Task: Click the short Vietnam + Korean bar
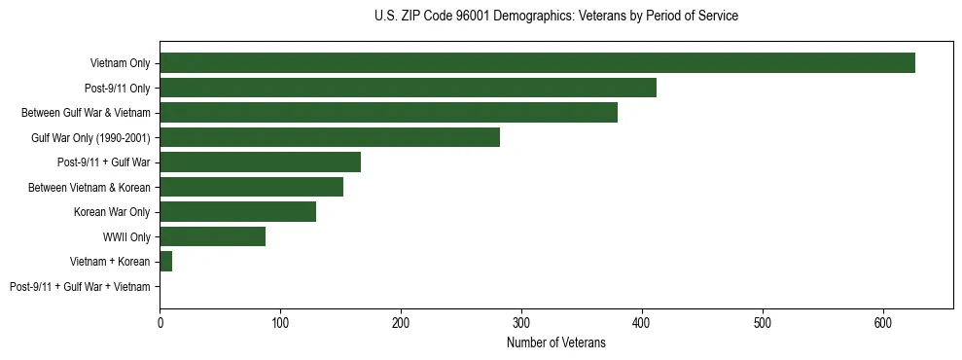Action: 165,262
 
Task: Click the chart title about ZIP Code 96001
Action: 555,17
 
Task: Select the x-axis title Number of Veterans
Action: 555,343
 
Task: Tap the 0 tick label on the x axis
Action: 160,324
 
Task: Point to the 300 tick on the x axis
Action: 521,324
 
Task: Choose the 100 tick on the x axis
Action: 280,324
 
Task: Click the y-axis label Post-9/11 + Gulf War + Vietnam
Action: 80,287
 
